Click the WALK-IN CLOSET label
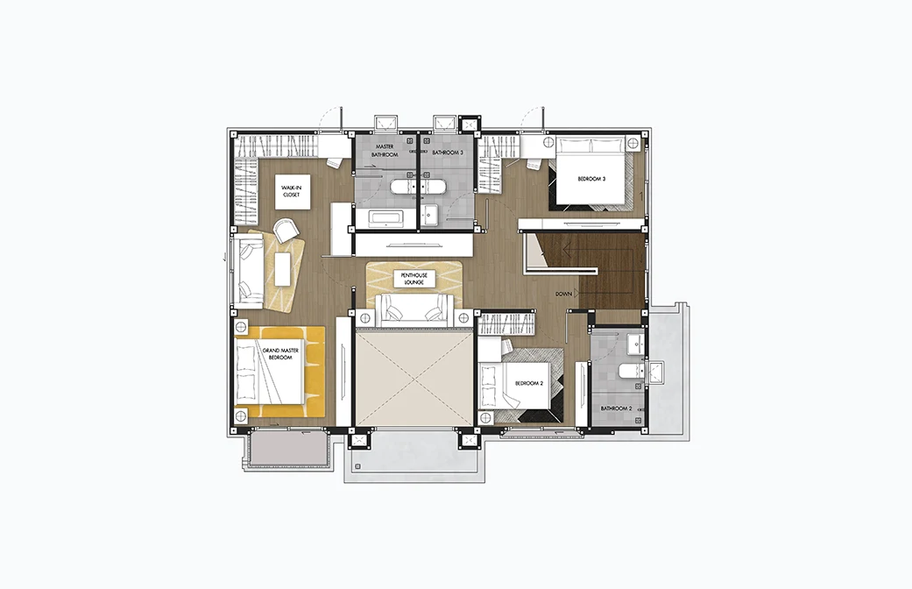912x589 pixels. [x=292, y=191]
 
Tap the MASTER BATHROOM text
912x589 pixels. [x=385, y=151]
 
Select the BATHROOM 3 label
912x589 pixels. [x=448, y=153]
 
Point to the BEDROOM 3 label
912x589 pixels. [x=591, y=179]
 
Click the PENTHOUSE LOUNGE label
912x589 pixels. [x=414, y=279]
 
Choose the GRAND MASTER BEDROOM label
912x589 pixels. [x=280, y=354]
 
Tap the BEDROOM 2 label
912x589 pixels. [x=528, y=384]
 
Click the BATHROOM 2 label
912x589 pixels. [x=616, y=408]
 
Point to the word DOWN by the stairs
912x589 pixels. [x=563, y=294]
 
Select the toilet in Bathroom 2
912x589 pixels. [x=631, y=370]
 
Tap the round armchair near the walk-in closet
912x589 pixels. [x=286, y=230]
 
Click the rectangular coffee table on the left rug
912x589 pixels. [x=283, y=269]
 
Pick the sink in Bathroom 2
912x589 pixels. [x=638, y=345]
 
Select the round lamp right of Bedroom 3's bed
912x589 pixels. [x=633, y=143]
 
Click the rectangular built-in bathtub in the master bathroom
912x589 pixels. [x=385, y=219]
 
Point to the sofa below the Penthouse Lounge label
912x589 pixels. [x=414, y=310]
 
